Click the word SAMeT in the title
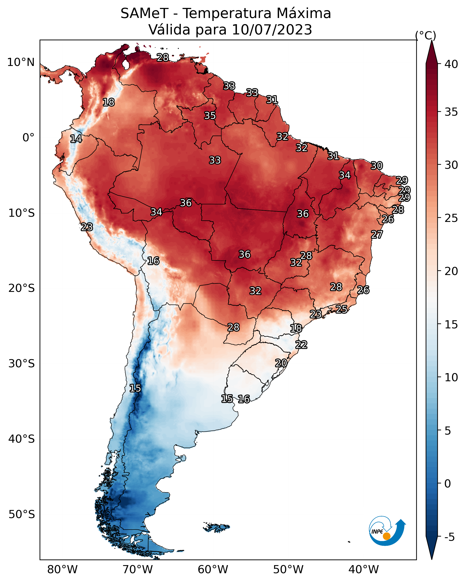(144, 13)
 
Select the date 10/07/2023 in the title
(272, 29)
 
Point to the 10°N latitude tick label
(21, 62)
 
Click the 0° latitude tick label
(28, 138)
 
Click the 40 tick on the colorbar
(451, 64)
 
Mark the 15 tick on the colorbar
(451, 325)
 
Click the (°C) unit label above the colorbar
(426, 35)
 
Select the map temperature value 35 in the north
(210, 115)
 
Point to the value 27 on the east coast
(377, 235)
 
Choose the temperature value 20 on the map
(281, 363)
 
